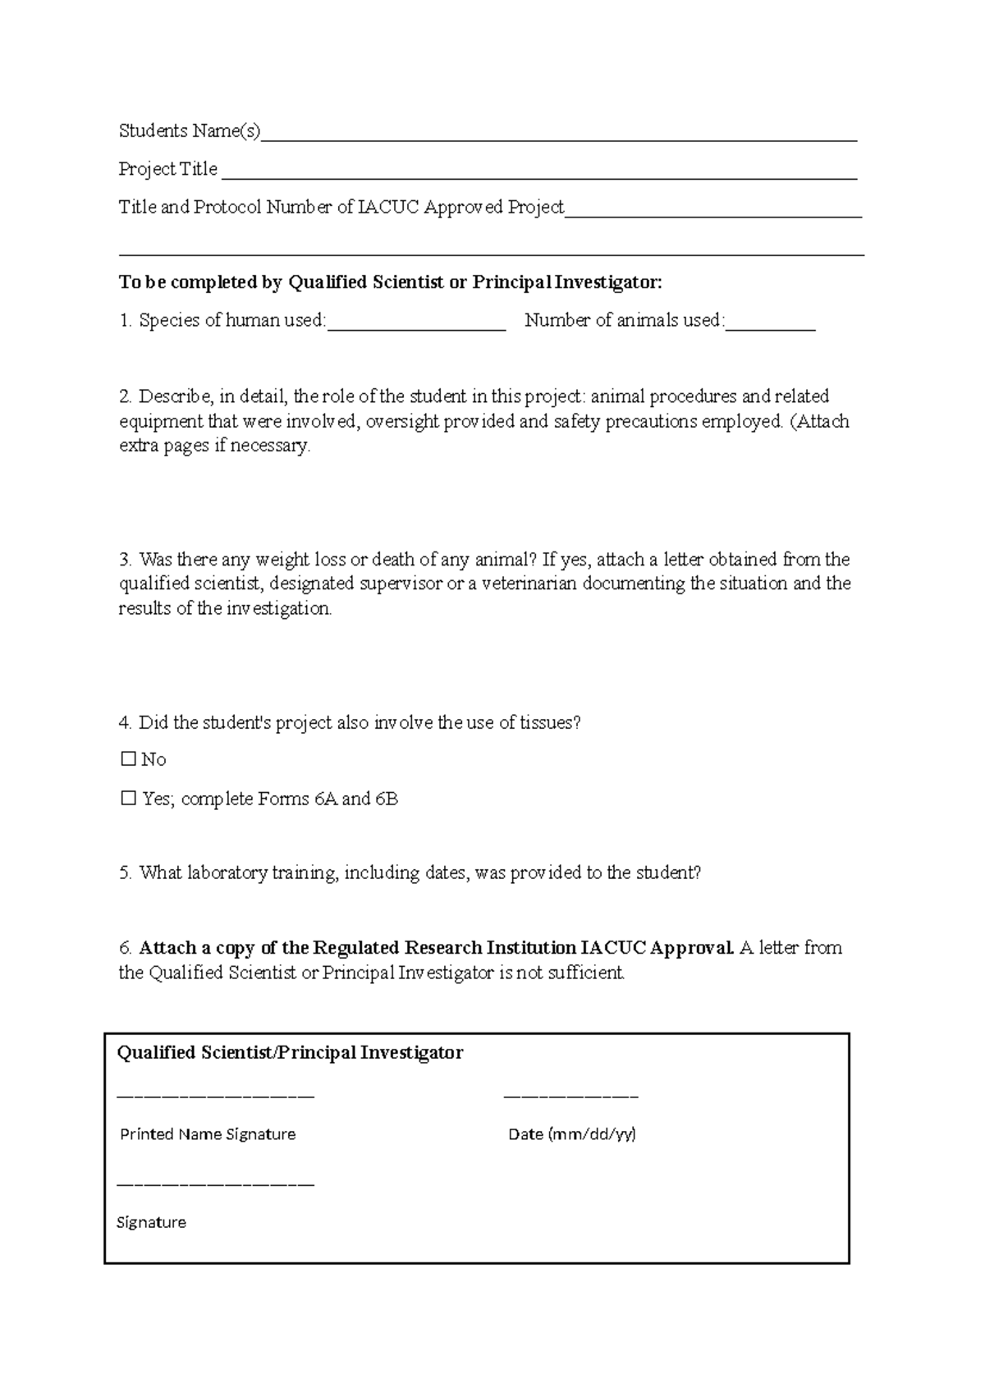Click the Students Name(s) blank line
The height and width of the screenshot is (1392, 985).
coord(558,138)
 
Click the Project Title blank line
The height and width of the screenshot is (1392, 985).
coord(539,176)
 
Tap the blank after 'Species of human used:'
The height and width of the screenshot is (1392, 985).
coord(416,327)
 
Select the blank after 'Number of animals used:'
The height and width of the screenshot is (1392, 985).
coord(771,327)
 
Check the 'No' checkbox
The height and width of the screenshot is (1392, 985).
coord(128,759)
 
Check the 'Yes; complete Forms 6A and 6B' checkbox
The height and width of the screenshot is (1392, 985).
coord(128,798)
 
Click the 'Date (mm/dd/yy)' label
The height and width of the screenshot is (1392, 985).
coord(572,1133)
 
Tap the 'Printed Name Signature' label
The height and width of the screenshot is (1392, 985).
coord(208,1133)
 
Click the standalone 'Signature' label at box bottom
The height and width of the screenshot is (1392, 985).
coord(152,1222)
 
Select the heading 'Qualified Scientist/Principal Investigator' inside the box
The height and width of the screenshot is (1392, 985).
coord(291,1052)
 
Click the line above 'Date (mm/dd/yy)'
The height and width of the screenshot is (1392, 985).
coord(570,1097)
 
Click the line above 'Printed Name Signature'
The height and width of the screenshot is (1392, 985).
coord(216,1097)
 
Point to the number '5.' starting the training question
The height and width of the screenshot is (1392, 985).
coord(126,872)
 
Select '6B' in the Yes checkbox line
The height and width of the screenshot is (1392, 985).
coord(387,799)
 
